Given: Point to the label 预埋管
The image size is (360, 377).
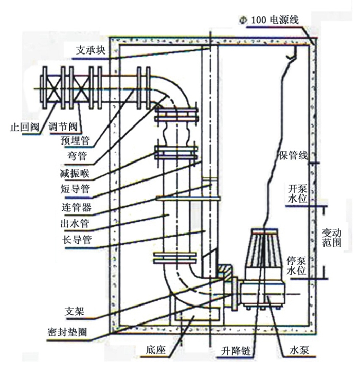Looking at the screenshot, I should (x=76, y=139).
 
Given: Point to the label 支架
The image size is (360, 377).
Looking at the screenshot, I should (x=75, y=311).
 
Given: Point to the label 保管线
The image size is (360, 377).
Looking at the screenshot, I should (x=293, y=156).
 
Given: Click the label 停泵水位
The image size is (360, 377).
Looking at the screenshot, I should (x=297, y=266).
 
